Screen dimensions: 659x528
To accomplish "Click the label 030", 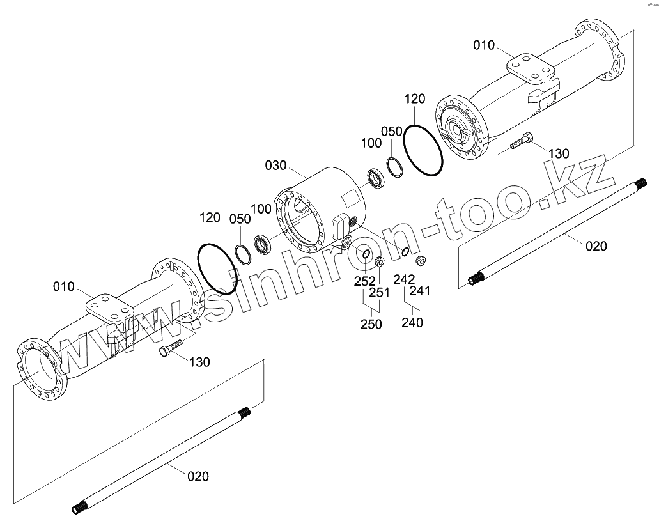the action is (276, 166).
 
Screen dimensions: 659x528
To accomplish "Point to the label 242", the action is (405, 279).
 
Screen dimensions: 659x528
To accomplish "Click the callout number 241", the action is (421, 291).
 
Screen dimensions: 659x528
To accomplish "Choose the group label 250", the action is (371, 324).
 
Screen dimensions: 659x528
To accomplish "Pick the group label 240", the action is (412, 323).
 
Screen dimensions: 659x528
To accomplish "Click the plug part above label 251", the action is (378, 260).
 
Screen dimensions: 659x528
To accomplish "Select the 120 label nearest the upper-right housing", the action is (415, 99).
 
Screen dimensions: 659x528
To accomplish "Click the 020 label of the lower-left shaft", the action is (198, 476).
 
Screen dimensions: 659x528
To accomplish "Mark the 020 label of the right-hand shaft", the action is (596, 245).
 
